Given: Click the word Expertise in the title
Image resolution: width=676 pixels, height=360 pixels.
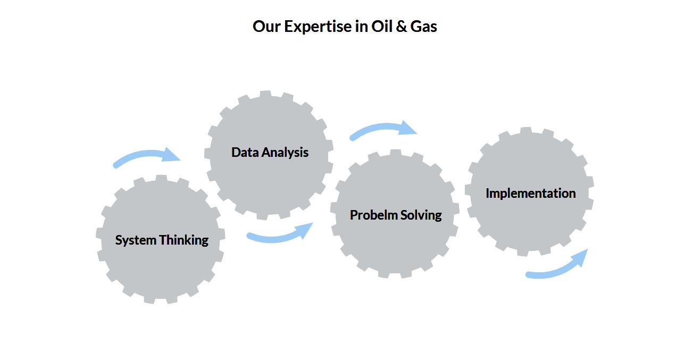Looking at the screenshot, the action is coord(318,27).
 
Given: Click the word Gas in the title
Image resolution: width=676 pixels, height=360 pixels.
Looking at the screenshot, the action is coord(424,27).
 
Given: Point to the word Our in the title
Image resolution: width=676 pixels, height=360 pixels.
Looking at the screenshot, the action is coord(266,27).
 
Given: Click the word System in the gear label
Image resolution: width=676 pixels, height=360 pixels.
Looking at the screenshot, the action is coord(136,240).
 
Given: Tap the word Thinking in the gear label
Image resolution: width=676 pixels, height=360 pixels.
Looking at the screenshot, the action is coord(184,240).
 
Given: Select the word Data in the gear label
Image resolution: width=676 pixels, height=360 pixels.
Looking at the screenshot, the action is coord(245,152).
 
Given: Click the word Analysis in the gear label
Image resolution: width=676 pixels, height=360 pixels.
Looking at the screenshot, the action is coord(285,153).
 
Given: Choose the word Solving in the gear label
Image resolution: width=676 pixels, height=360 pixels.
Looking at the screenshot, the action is coord(421,216).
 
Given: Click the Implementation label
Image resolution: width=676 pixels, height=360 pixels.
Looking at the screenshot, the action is coord(531,194).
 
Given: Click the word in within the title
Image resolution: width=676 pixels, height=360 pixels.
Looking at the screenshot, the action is coord(362,26).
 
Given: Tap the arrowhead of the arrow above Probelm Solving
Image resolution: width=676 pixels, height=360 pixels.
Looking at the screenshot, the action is coord(408,128).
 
